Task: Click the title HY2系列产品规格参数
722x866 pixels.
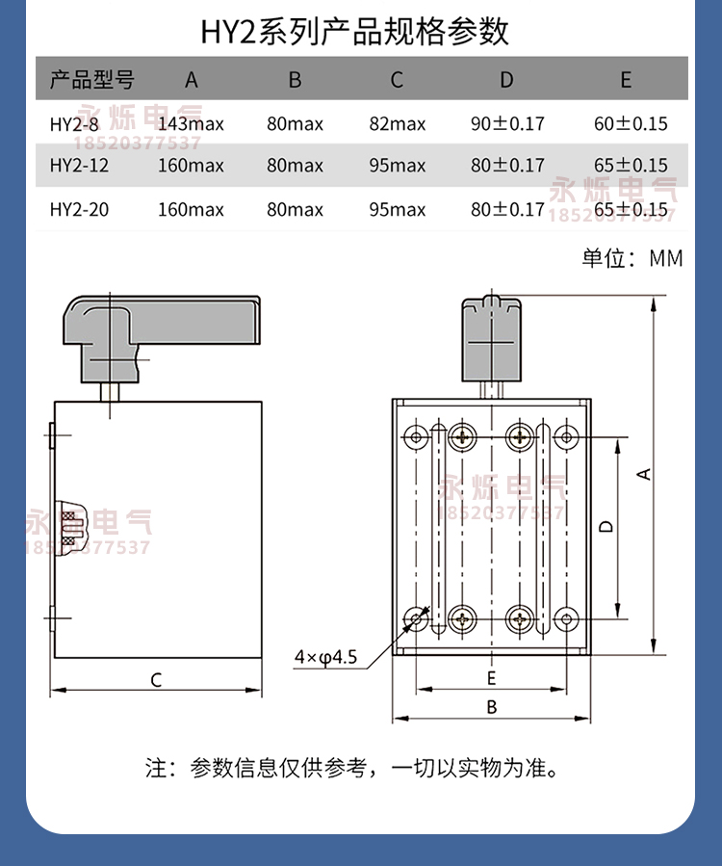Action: tap(354, 31)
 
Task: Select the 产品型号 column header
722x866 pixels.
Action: tap(91, 80)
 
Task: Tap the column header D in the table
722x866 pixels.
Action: tap(506, 80)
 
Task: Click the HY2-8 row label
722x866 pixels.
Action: tap(74, 123)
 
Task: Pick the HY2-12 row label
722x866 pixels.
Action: tap(78, 166)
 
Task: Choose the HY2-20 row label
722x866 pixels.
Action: tap(78, 209)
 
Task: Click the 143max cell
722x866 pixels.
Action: tap(191, 123)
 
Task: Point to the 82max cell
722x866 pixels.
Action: tap(397, 123)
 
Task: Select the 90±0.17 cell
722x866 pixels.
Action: tap(507, 123)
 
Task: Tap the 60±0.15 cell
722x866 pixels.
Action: tap(631, 123)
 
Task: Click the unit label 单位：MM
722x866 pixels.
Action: tap(632, 258)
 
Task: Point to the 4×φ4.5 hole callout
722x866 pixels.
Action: tap(325, 658)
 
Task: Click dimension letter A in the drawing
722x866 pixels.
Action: tap(646, 473)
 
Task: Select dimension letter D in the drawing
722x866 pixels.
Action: tap(606, 526)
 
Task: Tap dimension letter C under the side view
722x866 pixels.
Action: tap(156, 680)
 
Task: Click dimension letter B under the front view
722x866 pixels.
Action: tap(491, 707)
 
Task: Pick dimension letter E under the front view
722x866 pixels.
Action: tap(491, 677)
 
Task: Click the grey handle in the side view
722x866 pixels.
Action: tap(160, 331)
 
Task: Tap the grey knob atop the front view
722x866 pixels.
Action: tap(491, 337)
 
